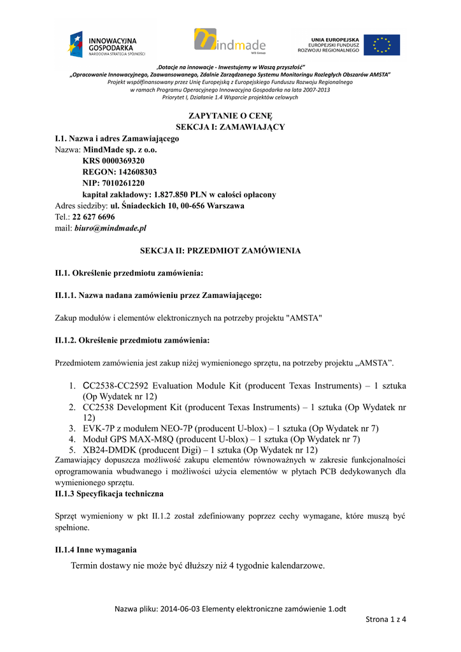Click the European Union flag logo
coord(383,45)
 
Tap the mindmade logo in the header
coord(230,42)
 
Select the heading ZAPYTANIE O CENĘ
coord(230,115)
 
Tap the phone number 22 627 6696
coord(94,217)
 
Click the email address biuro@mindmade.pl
coord(110,228)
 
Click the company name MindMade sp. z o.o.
coord(120,150)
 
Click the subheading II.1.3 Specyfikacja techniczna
coord(110,493)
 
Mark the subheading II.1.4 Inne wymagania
coord(96,549)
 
